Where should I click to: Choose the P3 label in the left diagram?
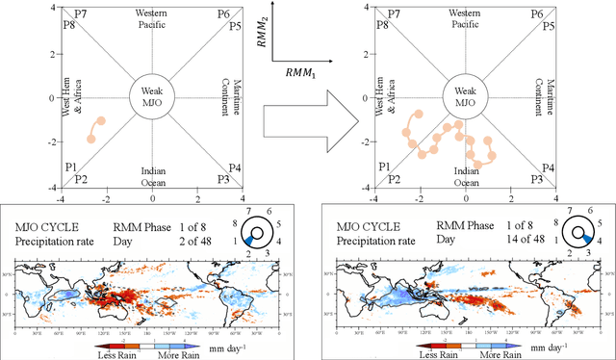(x=223, y=179)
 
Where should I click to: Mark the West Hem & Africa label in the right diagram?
(x=384, y=98)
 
